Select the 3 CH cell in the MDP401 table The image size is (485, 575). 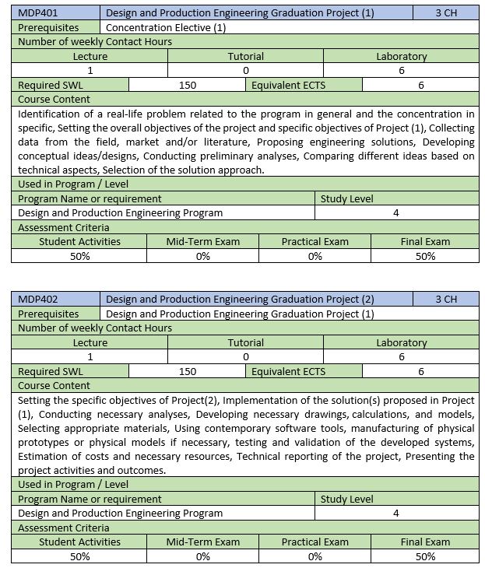[446, 13]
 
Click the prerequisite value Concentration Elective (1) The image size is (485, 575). [166, 27]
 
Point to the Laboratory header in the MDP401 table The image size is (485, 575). [401, 56]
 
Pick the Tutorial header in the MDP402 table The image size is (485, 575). [245, 342]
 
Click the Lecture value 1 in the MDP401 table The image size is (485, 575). [90, 70]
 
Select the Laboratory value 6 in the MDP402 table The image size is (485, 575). [401, 356]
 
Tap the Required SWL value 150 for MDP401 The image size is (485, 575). [188, 85]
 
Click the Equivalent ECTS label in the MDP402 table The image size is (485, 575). [288, 371]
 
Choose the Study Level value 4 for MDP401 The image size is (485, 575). [396, 212]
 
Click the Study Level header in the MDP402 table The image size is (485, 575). [346, 499]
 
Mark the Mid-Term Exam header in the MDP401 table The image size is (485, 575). [202, 241]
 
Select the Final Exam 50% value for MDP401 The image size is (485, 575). [425, 256]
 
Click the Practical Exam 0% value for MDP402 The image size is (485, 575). [315, 556]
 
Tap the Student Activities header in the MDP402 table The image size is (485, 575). [79, 542]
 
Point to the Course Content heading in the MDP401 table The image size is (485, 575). [54, 99]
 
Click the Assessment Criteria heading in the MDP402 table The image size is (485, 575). [63, 528]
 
